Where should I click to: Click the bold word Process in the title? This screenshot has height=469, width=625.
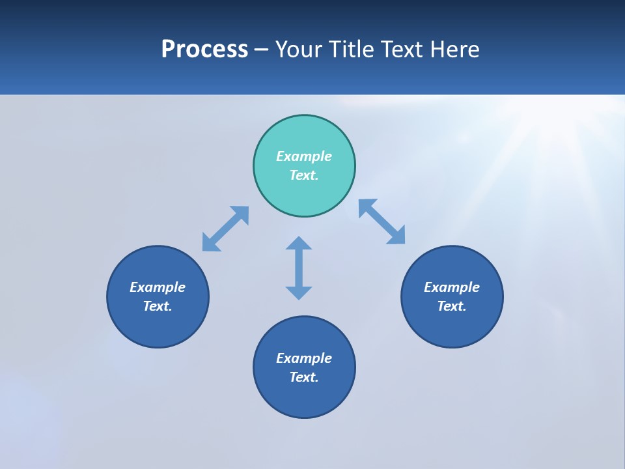click(x=204, y=50)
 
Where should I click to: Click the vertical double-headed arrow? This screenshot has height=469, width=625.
click(x=299, y=268)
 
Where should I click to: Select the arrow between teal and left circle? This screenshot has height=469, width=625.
click(x=225, y=229)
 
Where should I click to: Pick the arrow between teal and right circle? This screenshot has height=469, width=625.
click(x=382, y=221)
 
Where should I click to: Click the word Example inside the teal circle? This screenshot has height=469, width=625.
click(x=304, y=156)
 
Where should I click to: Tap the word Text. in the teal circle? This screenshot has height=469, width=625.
click(x=304, y=175)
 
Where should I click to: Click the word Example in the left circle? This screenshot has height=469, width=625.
click(x=158, y=287)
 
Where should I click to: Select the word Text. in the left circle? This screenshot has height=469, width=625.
click(x=158, y=306)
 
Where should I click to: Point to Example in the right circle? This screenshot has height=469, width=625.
click(x=452, y=287)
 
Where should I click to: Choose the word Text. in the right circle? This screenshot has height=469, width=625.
click(x=452, y=306)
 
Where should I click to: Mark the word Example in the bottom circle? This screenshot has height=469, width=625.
click(x=304, y=358)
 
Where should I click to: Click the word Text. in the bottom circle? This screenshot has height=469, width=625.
click(x=304, y=377)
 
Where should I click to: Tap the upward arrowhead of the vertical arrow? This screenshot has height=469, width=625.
click(x=299, y=243)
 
